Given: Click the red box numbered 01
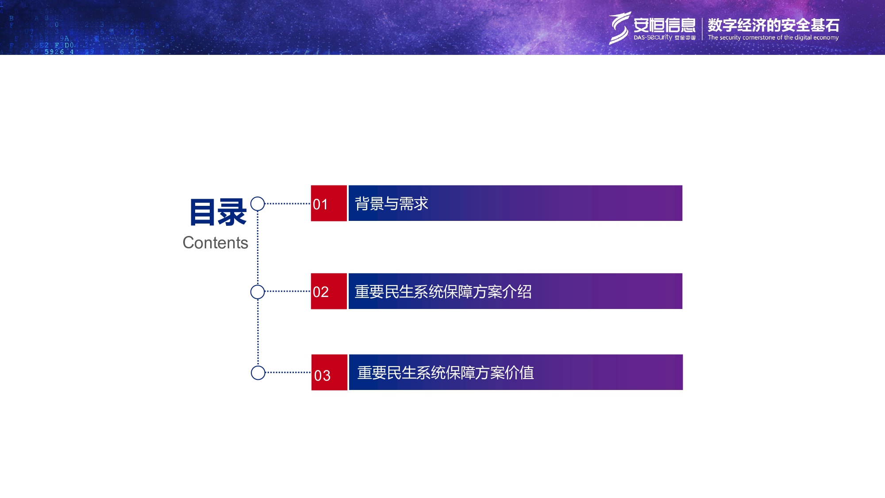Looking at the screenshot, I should (x=329, y=203).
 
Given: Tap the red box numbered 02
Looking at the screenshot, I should (x=329, y=291).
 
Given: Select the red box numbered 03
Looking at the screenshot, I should (x=329, y=372).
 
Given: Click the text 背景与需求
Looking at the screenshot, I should (x=391, y=204).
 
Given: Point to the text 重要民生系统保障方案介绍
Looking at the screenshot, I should (x=443, y=292).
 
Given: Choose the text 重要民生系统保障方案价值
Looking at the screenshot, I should (x=445, y=373).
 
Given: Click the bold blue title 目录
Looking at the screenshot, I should (x=218, y=212).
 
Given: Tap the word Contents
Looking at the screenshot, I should (x=215, y=243).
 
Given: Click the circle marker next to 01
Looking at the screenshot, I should (x=258, y=204).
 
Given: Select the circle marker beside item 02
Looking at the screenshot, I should (x=258, y=292).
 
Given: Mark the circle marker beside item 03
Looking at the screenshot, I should (x=258, y=373).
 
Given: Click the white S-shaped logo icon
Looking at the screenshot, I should (x=619, y=28).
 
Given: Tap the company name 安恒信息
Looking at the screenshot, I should (x=664, y=25).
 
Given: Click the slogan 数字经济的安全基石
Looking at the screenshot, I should (x=773, y=25).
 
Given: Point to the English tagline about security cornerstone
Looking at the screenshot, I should (x=773, y=38).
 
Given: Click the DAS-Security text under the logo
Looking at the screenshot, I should (x=653, y=38).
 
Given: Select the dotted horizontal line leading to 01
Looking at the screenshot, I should (x=288, y=204).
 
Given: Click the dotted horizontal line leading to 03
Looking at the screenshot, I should (x=288, y=372).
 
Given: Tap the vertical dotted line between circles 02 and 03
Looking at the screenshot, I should (x=258, y=332).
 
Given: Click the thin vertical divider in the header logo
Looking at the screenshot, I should (x=702, y=29).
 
